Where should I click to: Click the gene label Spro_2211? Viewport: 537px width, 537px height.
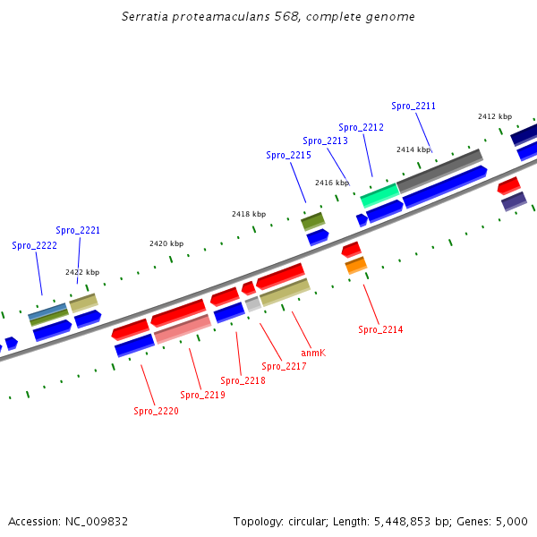[413, 106]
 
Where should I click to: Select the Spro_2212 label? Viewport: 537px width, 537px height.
[361, 127]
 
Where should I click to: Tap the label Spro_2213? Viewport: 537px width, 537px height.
[325, 141]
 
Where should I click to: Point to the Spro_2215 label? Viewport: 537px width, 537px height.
[288, 155]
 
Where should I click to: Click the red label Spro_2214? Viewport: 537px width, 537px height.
[380, 329]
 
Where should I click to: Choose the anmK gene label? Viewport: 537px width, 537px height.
[313, 353]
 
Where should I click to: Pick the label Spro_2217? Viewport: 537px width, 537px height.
[284, 366]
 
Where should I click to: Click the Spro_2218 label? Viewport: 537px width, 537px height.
[243, 380]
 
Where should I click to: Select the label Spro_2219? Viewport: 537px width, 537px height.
[202, 395]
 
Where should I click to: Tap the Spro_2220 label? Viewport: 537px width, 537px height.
[156, 411]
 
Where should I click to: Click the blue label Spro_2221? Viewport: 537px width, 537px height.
[78, 230]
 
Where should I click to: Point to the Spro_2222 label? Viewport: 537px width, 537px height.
[34, 245]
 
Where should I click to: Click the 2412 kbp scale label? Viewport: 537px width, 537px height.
[494, 116]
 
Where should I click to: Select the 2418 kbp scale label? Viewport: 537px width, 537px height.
[248, 214]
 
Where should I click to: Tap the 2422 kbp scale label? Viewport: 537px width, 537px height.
[82, 272]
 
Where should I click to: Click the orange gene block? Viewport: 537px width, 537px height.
[356, 265]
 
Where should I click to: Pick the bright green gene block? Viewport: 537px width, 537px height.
[379, 193]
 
